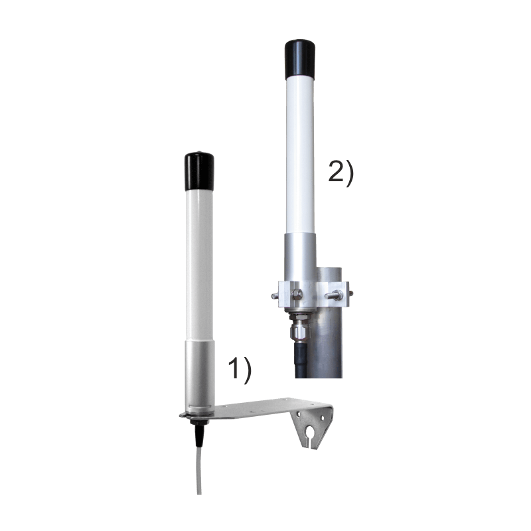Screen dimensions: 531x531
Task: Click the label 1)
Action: (x=240, y=372)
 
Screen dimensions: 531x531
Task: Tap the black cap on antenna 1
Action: (x=199, y=171)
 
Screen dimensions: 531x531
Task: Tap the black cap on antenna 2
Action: (x=301, y=60)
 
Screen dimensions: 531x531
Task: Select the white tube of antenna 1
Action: (x=199, y=266)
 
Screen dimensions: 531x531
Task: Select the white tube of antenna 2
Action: (x=301, y=155)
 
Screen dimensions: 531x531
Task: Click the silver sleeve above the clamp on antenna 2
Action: (x=301, y=256)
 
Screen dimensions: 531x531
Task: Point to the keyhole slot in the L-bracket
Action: (x=309, y=433)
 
